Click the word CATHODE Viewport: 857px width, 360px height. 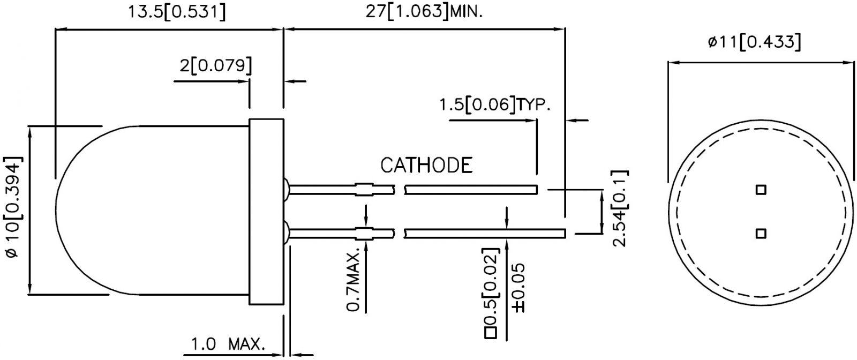426,166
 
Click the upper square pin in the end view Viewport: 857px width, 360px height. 760,190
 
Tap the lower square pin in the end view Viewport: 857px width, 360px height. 760,233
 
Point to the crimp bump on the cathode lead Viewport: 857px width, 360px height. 364,189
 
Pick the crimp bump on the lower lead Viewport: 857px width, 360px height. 364,233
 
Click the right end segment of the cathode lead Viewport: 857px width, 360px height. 471,189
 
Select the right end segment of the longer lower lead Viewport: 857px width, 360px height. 485,233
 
